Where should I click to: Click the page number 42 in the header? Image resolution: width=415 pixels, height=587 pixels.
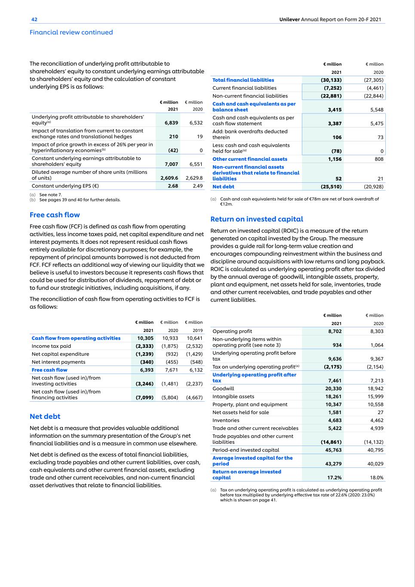[x=34, y=19]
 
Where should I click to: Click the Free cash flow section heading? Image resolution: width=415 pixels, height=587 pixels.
[x=55, y=215]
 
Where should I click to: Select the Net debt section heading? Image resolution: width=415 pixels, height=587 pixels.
[x=45, y=416]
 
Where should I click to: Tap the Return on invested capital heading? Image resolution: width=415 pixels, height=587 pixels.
[x=256, y=219]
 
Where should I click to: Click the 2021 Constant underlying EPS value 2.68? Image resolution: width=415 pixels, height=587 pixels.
[x=172, y=186]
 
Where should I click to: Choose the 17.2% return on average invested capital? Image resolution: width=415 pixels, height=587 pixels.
[x=334, y=477]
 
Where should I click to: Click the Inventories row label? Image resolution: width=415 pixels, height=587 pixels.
[x=226, y=420]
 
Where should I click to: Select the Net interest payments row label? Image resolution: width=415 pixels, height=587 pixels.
[x=58, y=362]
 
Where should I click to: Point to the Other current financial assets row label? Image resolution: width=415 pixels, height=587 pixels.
[x=249, y=159]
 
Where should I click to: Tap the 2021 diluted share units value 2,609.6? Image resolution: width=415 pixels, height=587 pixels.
[x=169, y=178]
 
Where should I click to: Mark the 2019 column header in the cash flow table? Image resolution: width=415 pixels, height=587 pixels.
[x=197, y=330]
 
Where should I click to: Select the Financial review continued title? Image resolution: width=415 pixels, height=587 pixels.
[x=71, y=32]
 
